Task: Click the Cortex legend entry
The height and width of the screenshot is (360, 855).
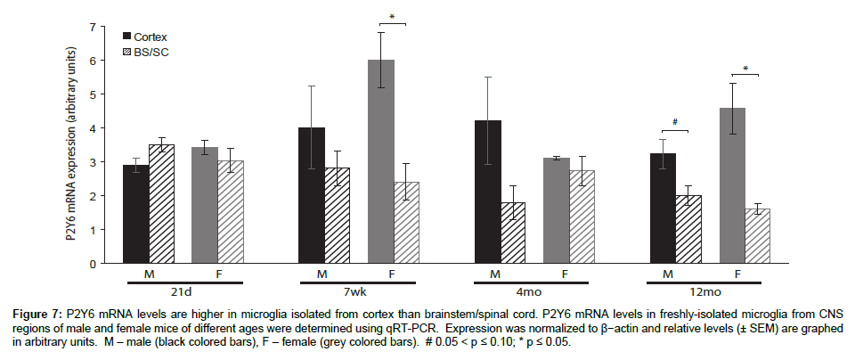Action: (150, 37)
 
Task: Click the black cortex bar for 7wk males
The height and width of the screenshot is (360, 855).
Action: (312, 196)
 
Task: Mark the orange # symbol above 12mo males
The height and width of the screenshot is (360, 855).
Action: (676, 122)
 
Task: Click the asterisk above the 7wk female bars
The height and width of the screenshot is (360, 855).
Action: (392, 16)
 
